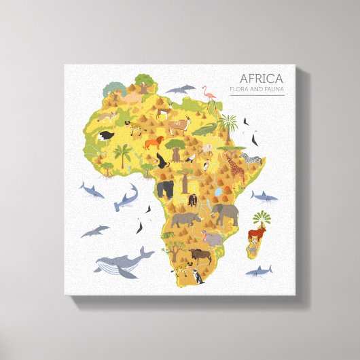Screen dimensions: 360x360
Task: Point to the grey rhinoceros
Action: click(184, 219)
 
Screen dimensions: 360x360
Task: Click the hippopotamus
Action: click(213, 238)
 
